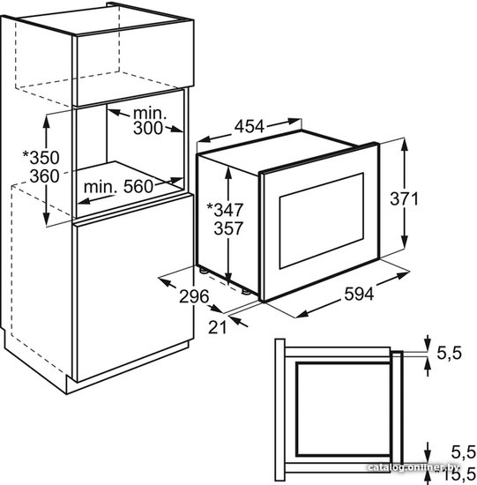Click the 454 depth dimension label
click(x=250, y=126)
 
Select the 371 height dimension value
click(x=404, y=198)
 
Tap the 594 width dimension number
click(x=359, y=294)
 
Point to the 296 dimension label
click(x=194, y=296)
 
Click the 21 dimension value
click(x=218, y=327)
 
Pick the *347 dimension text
click(x=225, y=210)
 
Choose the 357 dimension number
click(x=228, y=228)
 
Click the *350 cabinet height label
click(x=41, y=158)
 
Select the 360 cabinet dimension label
click(x=45, y=176)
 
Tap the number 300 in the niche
click(x=148, y=128)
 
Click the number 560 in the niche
click(x=138, y=187)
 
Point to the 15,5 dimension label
click(x=460, y=473)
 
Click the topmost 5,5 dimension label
click(x=449, y=353)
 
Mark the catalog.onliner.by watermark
click(x=414, y=467)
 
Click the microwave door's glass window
click(x=322, y=220)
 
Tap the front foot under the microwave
click(x=246, y=291)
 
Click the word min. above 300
click(x=150, y=114)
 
